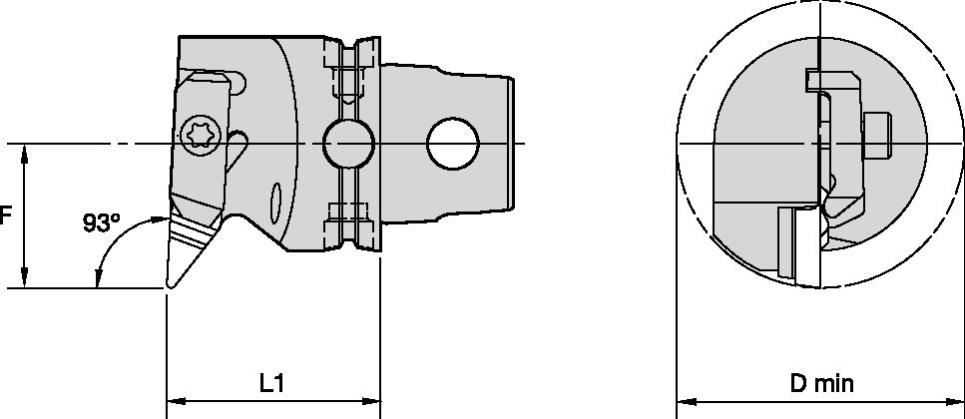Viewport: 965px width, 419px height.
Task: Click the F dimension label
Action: (5, 215)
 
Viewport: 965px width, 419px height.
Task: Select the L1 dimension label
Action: (271, 382)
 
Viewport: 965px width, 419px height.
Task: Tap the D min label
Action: (822, 382)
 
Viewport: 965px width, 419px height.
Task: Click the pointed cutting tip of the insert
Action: (168, 287)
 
